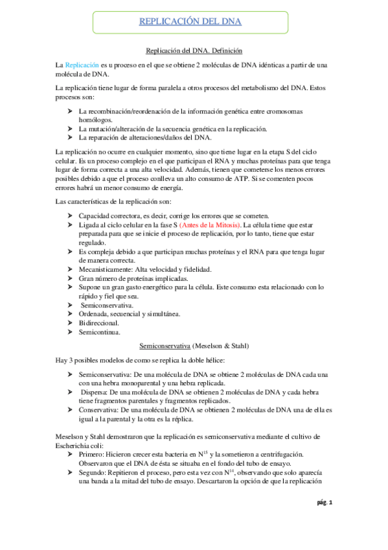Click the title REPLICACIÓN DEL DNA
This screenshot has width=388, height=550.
[190, 22]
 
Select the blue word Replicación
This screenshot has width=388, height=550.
[82, 65]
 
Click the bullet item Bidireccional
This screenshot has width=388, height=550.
[100, 322]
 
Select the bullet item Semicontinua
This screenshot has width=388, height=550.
[98, 332]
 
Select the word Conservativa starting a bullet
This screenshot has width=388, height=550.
[99, 411]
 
